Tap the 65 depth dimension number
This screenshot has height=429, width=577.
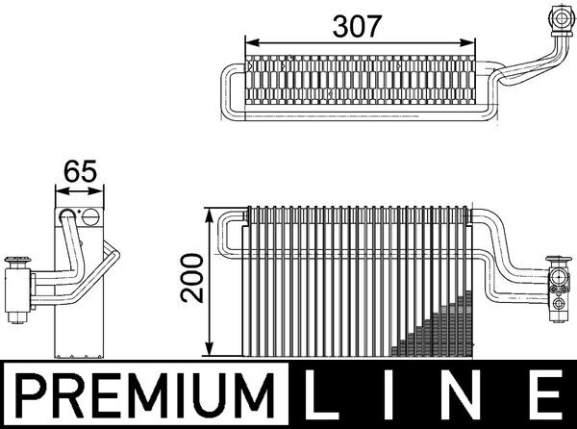[80, 174]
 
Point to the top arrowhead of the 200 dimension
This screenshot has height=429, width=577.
[212, 213]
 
